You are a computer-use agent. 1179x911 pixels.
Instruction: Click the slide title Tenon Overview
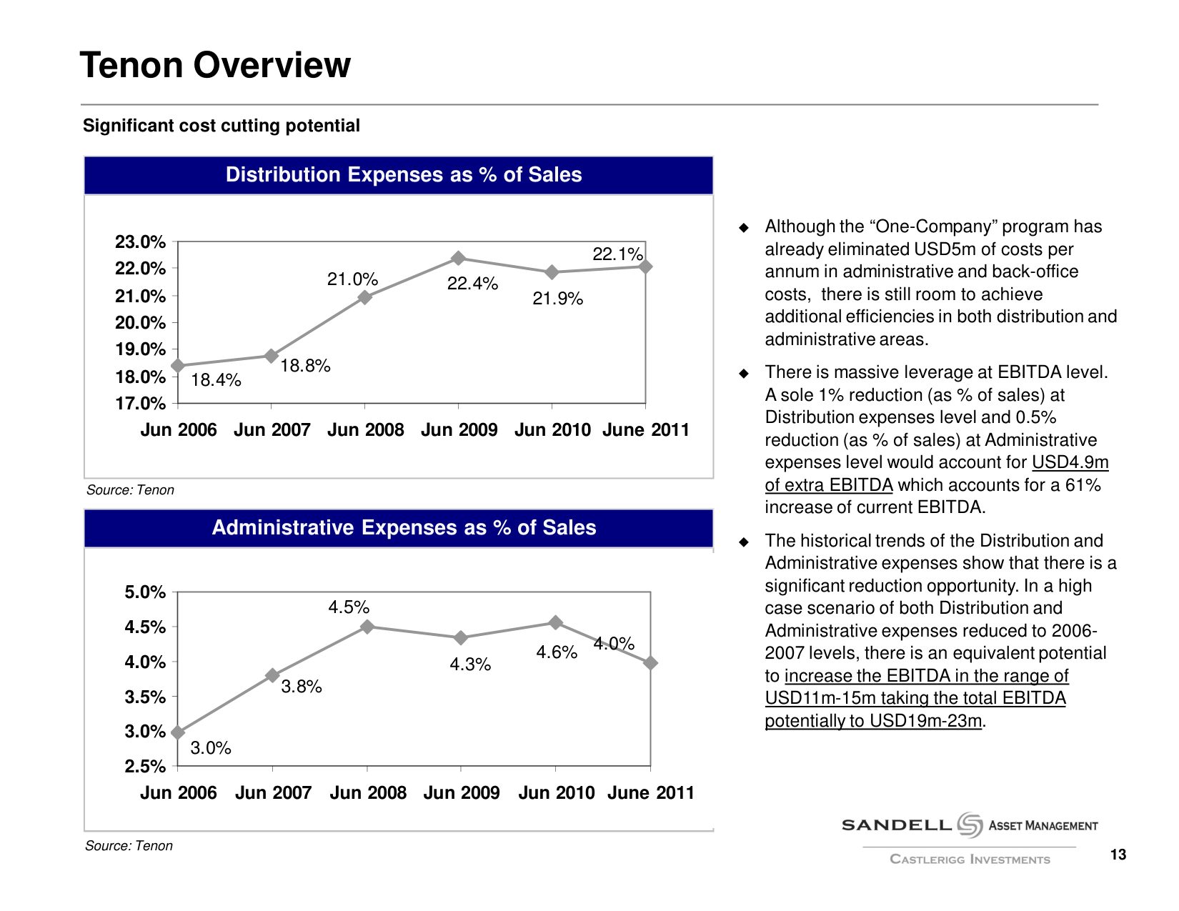215,65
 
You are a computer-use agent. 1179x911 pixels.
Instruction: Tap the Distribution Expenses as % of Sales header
404,175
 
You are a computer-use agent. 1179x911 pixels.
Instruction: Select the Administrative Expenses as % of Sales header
404,528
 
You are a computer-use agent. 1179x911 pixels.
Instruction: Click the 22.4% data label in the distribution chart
472,284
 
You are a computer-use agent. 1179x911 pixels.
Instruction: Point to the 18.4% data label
216,380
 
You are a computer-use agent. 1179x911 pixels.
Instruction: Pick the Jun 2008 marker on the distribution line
365,297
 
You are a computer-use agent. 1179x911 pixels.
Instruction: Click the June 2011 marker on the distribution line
645,267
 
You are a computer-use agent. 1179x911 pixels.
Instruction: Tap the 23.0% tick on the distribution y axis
140,242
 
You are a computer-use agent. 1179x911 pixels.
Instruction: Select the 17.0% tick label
140,404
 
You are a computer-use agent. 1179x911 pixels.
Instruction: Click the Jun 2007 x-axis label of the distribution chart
272,430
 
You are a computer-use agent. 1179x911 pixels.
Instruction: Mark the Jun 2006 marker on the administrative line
178,732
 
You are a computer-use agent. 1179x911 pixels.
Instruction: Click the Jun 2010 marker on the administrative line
555,622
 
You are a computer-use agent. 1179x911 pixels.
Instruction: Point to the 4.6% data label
557,652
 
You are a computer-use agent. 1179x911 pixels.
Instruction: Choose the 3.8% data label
301,687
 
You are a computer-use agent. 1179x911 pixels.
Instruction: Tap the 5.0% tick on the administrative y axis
145,592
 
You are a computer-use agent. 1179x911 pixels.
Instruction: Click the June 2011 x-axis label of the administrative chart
650,793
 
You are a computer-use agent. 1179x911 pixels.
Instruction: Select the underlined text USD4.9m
1070,462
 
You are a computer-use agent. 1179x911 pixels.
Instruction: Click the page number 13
1118,855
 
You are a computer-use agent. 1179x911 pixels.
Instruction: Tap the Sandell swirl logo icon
970,825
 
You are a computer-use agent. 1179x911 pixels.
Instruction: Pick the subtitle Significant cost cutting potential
222,126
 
